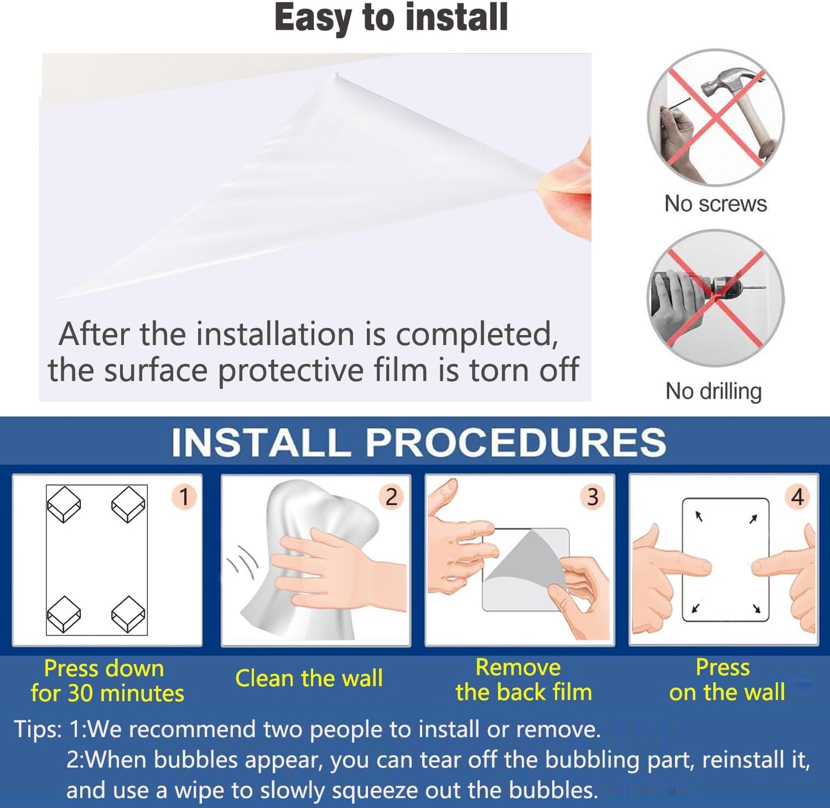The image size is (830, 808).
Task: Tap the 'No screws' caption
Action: point(716,203)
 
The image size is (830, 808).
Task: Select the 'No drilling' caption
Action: point(713,391)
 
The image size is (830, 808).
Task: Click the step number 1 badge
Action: point(184,497)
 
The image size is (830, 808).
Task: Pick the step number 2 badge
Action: point(391,497)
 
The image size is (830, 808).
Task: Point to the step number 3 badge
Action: point(593,497)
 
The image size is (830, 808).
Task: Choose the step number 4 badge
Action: point(797,497)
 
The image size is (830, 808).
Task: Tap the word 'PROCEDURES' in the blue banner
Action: point(516,442)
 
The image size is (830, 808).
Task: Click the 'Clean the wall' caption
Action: point(309,678)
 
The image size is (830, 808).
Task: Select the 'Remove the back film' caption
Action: point(523,680)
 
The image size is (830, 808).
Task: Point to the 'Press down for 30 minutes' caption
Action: point(107,681)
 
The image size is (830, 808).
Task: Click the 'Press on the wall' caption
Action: point(727,680)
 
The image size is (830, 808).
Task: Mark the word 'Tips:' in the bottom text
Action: point(38,730)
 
